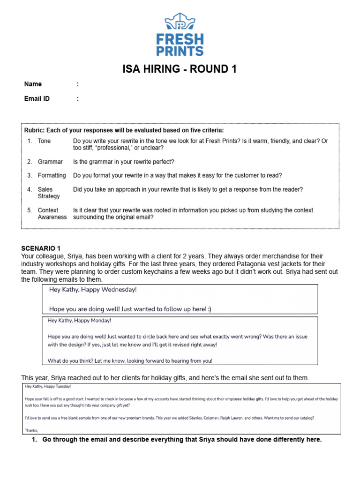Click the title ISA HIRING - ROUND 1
coord(180,69)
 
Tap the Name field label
coord(33,84)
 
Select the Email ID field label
coord(37,99)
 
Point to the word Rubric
coord(35,130)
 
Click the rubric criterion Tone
coord(45,141)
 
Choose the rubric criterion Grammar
coord(50,162)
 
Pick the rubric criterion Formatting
coord(52,175)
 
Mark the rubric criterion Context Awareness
coord(52,214)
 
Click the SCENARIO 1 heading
coord(41,248)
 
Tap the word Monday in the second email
coord(100,321)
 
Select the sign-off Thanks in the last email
coord(31,430)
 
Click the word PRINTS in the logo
coord(180,51)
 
